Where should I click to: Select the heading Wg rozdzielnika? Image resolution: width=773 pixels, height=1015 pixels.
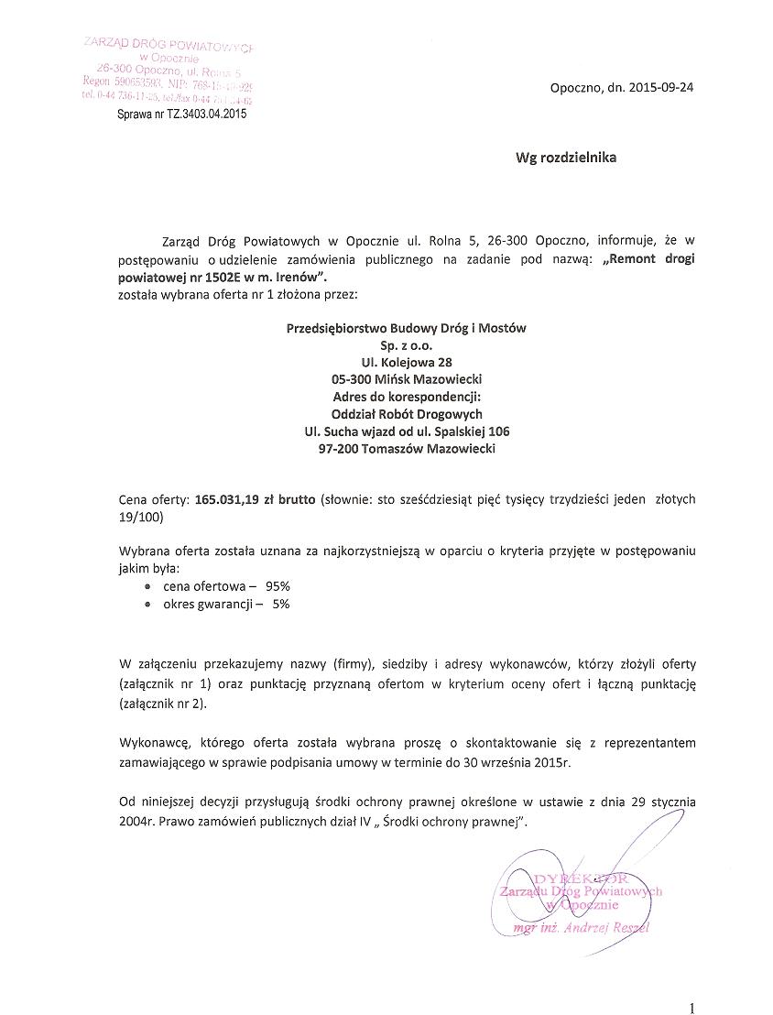click(x=565, y=157)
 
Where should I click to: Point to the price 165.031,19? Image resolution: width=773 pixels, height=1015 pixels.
click(x=234, y=499)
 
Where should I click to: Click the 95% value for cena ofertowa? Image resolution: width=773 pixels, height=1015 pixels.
click(x=278, y=584)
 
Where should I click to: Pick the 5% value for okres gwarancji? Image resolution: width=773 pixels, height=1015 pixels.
click(x=280, y=604)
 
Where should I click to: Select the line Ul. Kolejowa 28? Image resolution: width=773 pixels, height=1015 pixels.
click(x=406, y=362)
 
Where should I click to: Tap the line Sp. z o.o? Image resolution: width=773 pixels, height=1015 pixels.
click(x=406, y=344)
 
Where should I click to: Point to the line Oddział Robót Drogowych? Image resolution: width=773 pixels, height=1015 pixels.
click(x=407, y=414)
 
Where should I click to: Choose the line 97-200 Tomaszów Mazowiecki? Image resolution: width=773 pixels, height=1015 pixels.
click(x=407, y=449)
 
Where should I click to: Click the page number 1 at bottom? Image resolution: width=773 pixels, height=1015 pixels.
click(x=691, y=1008)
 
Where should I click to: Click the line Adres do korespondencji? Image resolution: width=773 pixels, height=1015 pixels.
click(x=407, y=397)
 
